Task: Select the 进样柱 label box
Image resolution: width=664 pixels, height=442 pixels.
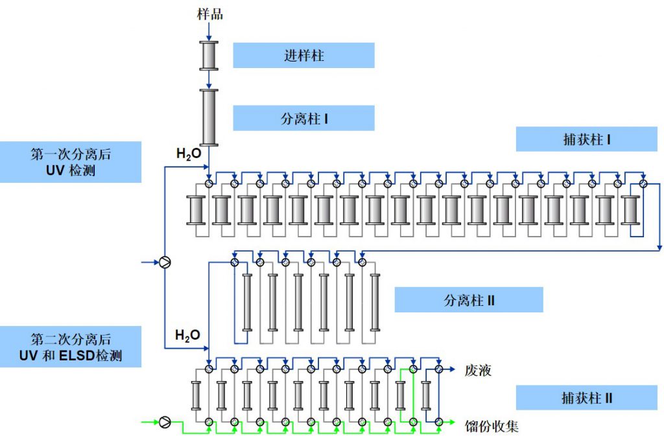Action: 303,55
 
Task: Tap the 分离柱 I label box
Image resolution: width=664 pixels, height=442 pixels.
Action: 303,119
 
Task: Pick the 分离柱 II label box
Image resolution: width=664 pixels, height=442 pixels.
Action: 469,300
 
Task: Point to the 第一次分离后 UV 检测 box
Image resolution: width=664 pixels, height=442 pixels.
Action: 71,162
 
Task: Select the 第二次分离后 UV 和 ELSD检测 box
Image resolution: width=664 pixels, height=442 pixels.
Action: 71,347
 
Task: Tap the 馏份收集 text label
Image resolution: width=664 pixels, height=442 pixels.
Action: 492,426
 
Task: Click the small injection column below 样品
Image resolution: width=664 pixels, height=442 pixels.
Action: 209,56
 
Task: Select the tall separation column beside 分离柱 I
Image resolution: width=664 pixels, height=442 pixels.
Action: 209,117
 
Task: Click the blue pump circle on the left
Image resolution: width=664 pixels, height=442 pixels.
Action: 165,262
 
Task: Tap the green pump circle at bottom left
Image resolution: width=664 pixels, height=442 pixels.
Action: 165,422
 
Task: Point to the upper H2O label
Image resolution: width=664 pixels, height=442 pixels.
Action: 188,154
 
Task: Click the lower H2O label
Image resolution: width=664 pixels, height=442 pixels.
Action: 188,335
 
